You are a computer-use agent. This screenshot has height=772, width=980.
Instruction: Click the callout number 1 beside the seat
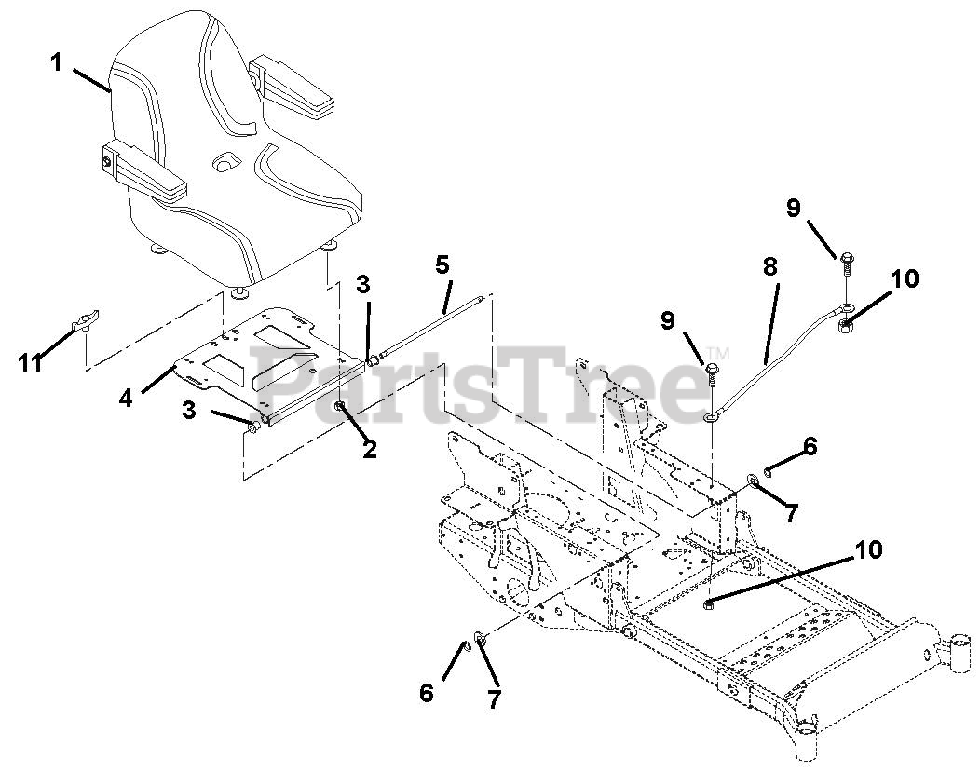click(57, 63)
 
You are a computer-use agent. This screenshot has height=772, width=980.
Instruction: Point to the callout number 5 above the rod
click(442, 264)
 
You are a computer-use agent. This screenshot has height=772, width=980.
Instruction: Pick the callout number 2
click(370, 449)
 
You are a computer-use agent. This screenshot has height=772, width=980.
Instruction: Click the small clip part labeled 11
click(85, 324)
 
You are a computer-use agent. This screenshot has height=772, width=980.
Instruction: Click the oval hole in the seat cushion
click(225, 164)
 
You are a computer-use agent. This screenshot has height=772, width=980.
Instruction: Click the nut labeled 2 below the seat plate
click(342, 407)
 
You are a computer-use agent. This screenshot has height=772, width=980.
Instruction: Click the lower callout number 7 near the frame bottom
click(494, 698)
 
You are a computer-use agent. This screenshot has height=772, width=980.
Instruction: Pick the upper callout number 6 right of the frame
click(809, 448)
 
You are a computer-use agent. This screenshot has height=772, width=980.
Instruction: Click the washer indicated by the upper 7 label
click(750, 481)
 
